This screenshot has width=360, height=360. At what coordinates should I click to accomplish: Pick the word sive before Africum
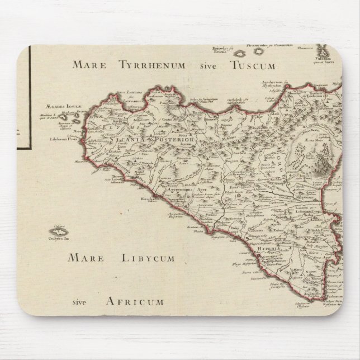tap(82, 302)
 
